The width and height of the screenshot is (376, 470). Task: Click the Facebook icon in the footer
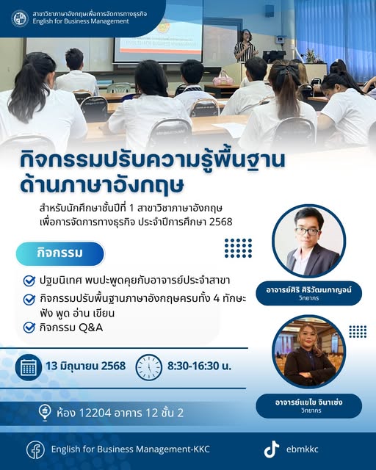[x=35, y=449]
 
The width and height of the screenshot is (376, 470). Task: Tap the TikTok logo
[x=272, y=449]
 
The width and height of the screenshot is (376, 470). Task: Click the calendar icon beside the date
[x=29, y=367]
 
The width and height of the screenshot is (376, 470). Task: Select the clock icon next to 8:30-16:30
[x=149, y=367]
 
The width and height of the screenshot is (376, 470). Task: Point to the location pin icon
[x=45, y=413]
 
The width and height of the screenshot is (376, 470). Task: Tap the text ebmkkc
[x=303, y=449]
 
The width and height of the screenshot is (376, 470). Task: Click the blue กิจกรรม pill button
[x=60, y=253]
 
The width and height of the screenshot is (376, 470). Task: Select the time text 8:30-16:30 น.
[x=200, y=366]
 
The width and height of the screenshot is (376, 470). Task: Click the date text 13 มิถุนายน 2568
[x=86, y=366]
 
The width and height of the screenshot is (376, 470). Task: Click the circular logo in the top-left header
[x=20, y=18]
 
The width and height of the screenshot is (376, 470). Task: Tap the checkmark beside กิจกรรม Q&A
[x=29, y=328]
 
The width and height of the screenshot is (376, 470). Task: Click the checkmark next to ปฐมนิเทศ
[x=29, y=281]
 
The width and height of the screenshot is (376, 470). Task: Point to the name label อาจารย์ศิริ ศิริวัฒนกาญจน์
[x=309, y=290]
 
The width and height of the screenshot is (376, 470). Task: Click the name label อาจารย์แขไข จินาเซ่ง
[x=309, y=402]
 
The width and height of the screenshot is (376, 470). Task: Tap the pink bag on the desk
[x=223, y=79]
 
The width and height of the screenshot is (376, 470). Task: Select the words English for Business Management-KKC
[x=131, y=449]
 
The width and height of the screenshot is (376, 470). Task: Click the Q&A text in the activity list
[x=91, y=328]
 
